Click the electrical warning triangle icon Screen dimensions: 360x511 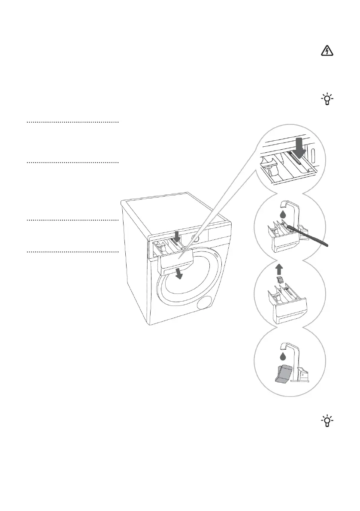coord(327,51)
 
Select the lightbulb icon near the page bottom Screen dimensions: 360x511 coord(327,421)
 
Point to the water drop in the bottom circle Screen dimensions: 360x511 coord(282,356)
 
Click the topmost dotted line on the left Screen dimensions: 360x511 coord(72,122)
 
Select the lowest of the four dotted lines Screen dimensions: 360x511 coord(72,251)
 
